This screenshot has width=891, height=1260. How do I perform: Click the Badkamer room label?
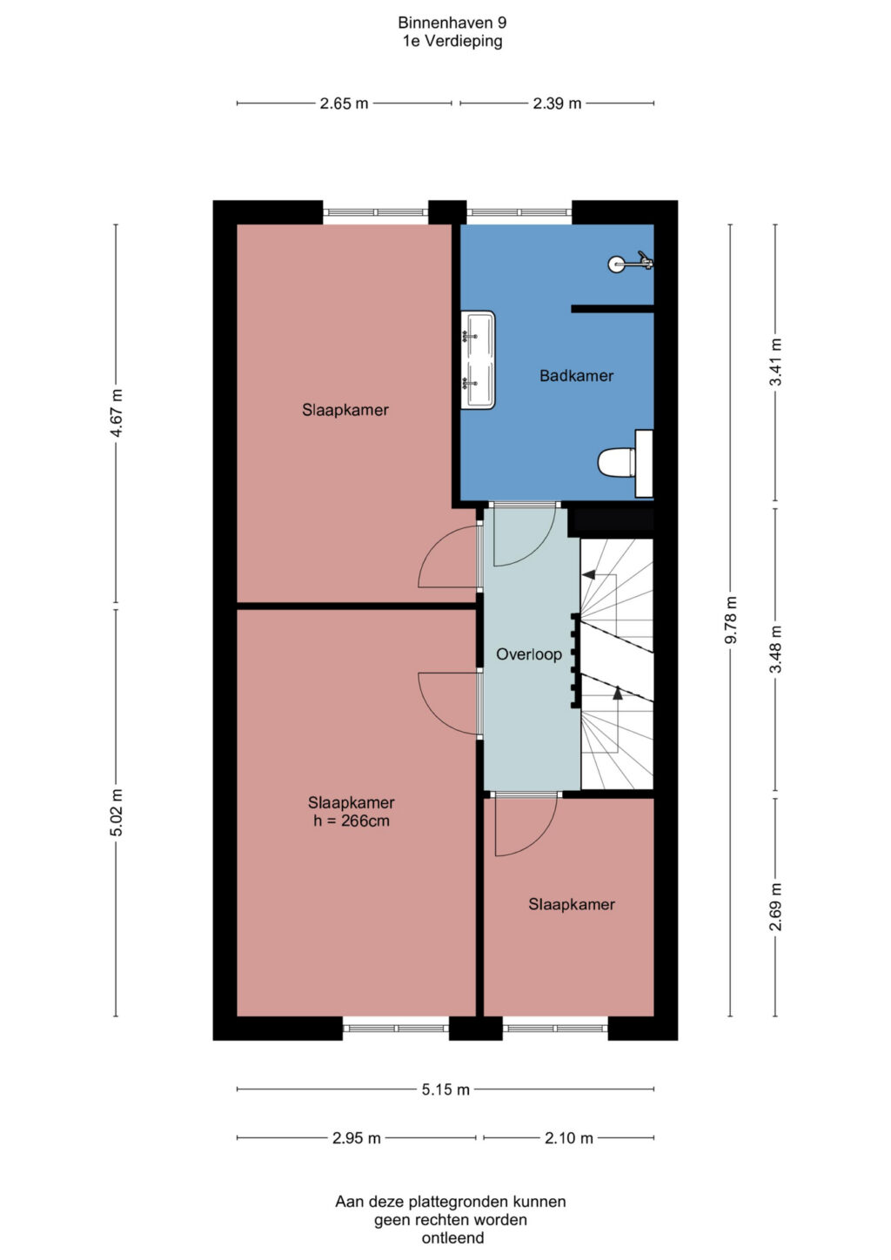(576, 376)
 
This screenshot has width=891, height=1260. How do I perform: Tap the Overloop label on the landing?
(529, 654)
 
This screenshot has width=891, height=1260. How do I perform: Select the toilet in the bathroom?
(625, 464)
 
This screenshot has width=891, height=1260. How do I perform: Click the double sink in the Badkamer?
(478, 360)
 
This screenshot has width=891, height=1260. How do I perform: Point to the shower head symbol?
(630, 263)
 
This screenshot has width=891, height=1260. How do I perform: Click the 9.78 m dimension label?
(730, 620)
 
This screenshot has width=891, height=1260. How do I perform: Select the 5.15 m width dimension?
(445, 1089)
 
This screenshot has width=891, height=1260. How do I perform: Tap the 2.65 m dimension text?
(344, 104)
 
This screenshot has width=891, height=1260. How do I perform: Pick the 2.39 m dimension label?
(557, 104)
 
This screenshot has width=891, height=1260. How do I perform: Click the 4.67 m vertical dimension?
(116, 412)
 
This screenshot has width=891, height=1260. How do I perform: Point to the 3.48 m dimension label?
(775, 648)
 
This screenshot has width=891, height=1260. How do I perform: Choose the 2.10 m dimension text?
(568, 1138)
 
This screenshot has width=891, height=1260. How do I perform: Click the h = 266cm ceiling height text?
(351, 821)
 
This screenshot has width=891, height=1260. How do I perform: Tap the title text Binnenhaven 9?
(452, 23)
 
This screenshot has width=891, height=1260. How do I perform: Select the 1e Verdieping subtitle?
(452, 41)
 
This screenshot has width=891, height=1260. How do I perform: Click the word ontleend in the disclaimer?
(452, 1237)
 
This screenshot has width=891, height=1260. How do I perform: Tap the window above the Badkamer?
(519, 212)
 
